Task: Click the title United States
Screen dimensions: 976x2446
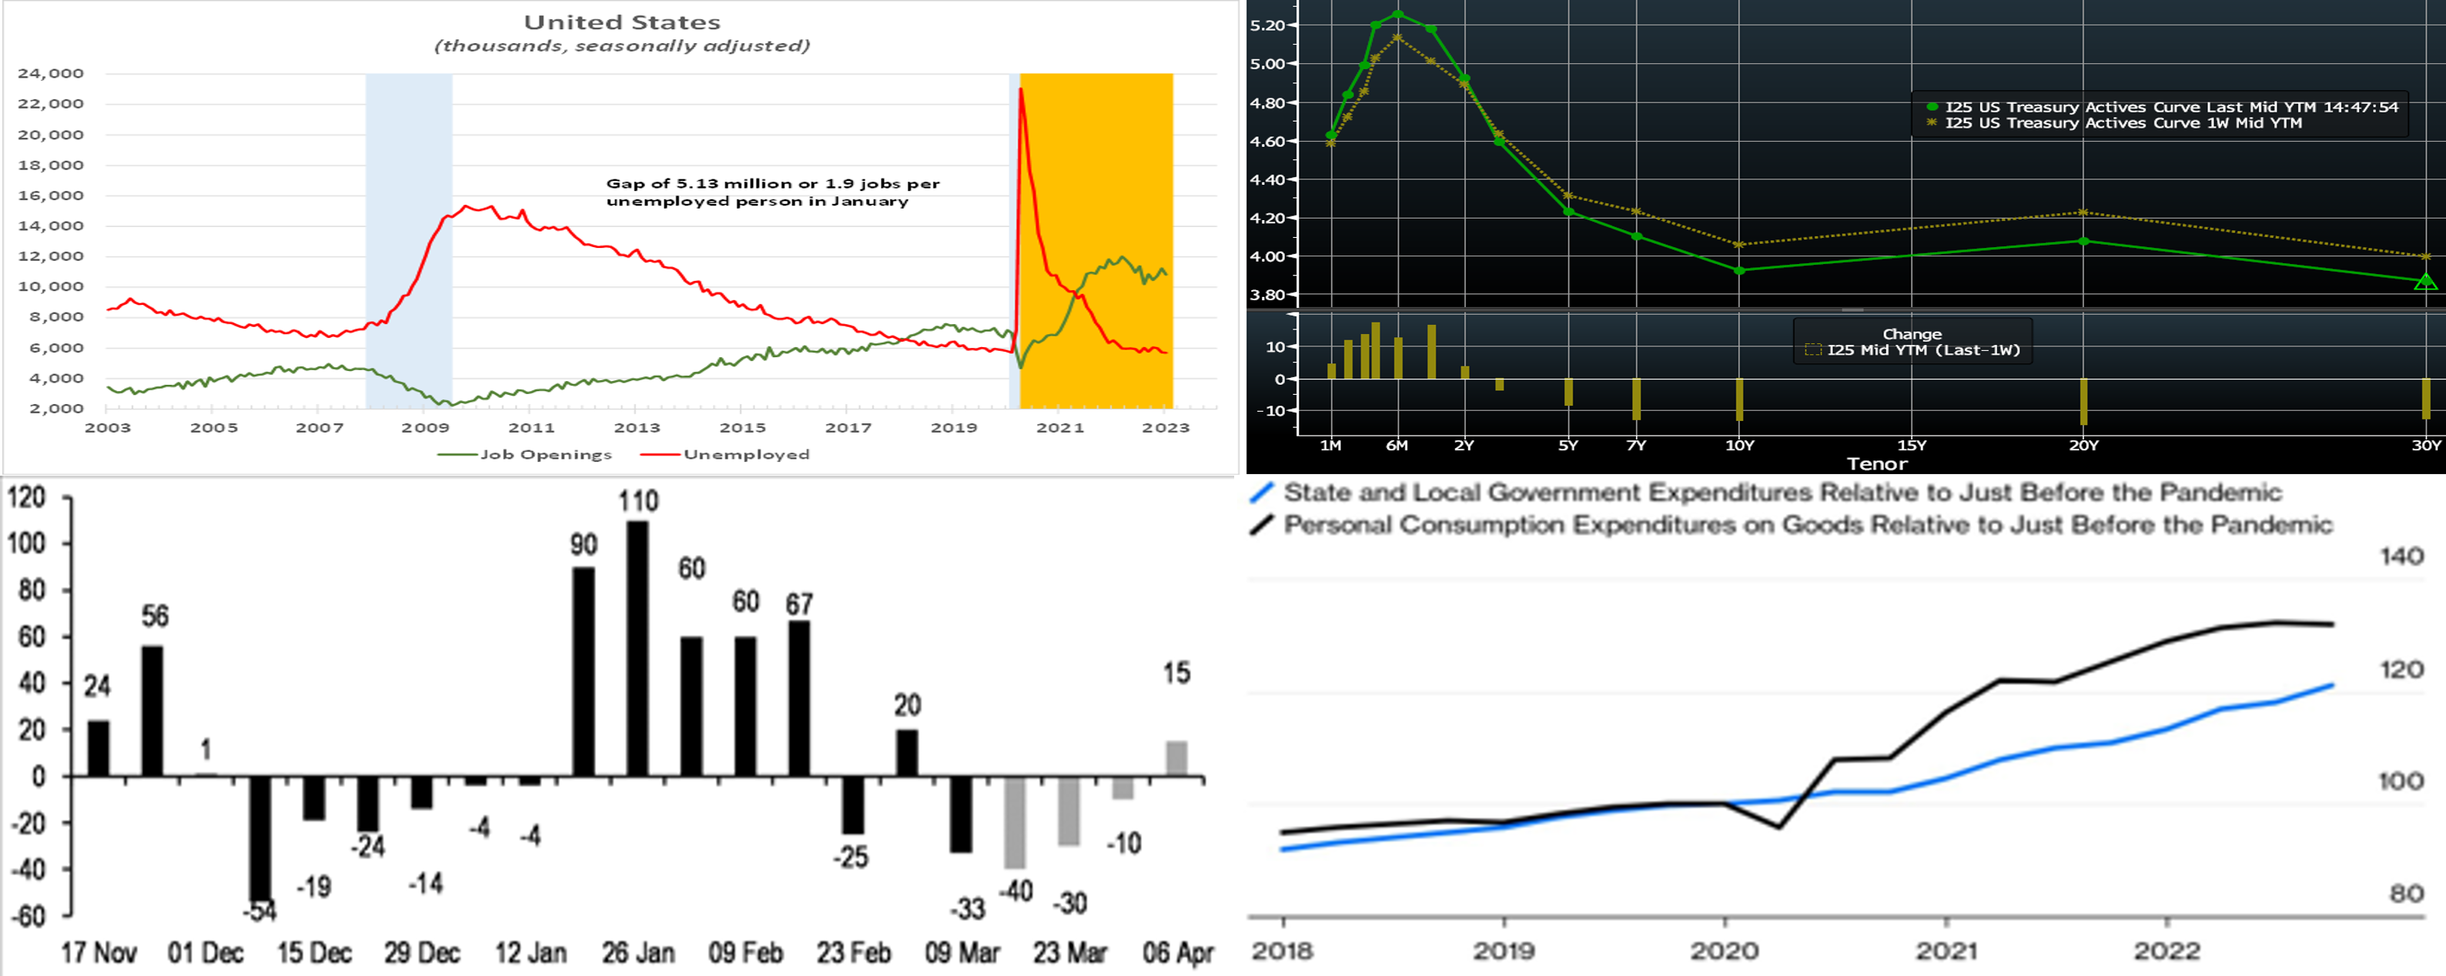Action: click(622, 22)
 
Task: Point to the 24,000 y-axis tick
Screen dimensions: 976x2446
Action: click(50, 73)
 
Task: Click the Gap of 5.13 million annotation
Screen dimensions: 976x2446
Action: click(772, 192)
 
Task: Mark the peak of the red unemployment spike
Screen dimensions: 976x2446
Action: click(1020, 89)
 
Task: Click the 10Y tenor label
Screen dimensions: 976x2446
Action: click(1739, 445)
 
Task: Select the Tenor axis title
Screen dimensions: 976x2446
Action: click(1876, 463)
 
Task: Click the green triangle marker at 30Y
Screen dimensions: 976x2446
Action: click(2425, 282)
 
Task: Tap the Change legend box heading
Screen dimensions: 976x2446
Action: click(1912, 334)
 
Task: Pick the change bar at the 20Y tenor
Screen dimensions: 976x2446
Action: click(2083, 401)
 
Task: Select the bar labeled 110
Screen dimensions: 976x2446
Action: click(637, 647)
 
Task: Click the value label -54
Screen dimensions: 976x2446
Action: click(259, 911)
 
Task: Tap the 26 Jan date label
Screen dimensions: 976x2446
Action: click(638, 952)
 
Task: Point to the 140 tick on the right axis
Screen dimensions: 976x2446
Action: click(2401, 557)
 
